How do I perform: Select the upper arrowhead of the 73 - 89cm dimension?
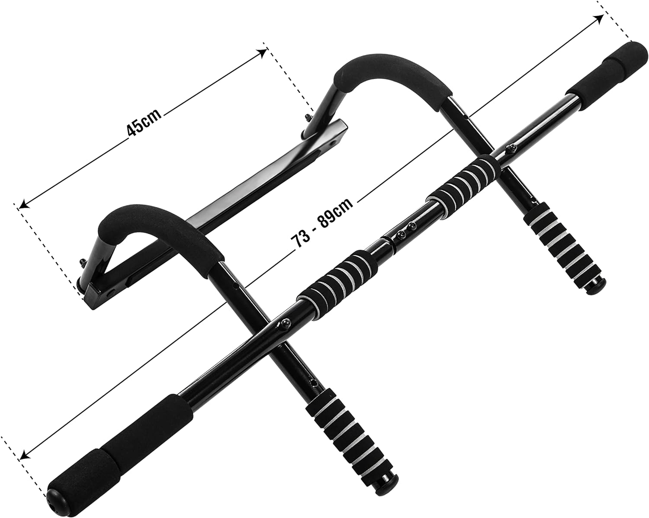599,19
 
